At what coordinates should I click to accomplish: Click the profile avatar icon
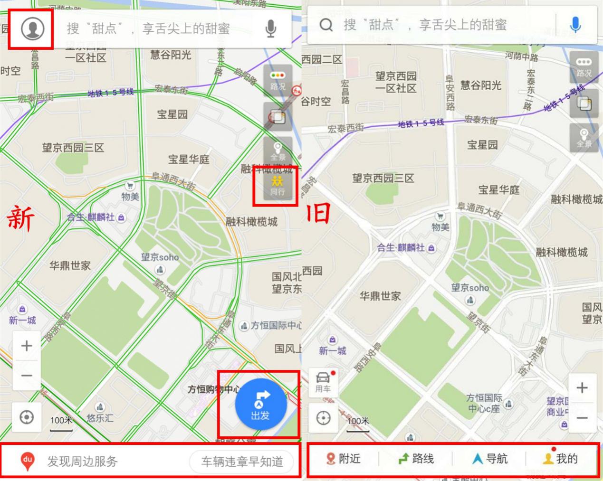[32, 28]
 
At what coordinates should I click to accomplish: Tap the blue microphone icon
[575, 24]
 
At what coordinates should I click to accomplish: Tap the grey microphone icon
[271, 29]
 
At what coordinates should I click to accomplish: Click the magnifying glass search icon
[326, 25]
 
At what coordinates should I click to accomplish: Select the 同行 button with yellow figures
[277, 186]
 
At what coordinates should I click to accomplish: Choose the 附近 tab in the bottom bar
[344, 459]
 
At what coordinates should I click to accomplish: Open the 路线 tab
[416, 459]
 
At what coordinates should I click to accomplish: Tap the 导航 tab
[490, 459]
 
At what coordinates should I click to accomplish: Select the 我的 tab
[561, 459]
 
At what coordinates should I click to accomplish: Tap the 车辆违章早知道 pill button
[242, 462]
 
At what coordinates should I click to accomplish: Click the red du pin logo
[28, 461]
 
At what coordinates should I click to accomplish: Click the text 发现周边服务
[82, 462]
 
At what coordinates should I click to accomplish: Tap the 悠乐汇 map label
[100, 418]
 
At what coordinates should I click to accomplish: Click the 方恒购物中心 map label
[213, 390]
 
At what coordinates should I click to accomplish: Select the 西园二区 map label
[322, 59]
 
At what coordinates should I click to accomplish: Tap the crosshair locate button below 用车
[323, 418]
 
